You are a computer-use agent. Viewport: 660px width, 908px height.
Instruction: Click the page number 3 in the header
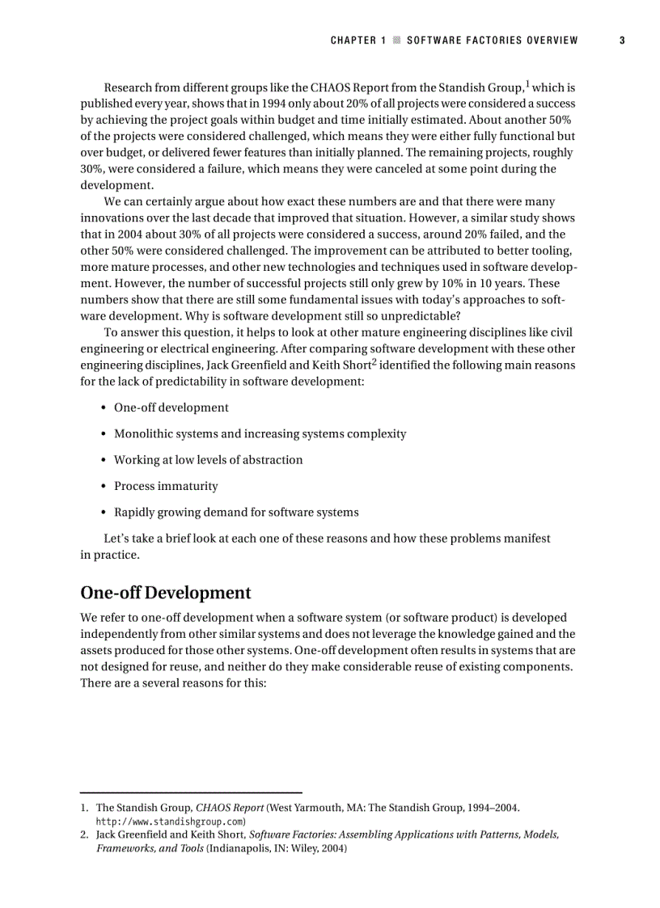tap(622, 40)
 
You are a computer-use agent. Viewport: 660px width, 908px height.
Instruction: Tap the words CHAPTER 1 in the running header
tap(353, 40)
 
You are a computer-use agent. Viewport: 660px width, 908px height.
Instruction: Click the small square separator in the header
tap(396, 40)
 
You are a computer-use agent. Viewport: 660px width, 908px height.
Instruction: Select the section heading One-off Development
tap(166, 593)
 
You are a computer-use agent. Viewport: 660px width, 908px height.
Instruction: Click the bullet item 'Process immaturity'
tap(166, 486)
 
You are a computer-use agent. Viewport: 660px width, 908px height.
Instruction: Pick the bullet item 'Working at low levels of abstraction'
tap(208, 460)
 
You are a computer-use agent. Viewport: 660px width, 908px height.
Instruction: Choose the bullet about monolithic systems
tap(260, 434)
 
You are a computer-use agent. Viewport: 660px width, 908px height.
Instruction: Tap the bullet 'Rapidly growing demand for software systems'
tap(236, 513)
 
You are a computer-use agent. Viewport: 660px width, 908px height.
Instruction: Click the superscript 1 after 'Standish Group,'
tap(528, 83)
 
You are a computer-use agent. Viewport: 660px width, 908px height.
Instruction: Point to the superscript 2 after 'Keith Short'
tap(374, 361)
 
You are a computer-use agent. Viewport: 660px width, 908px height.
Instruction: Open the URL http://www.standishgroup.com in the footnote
tap(171, 821)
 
